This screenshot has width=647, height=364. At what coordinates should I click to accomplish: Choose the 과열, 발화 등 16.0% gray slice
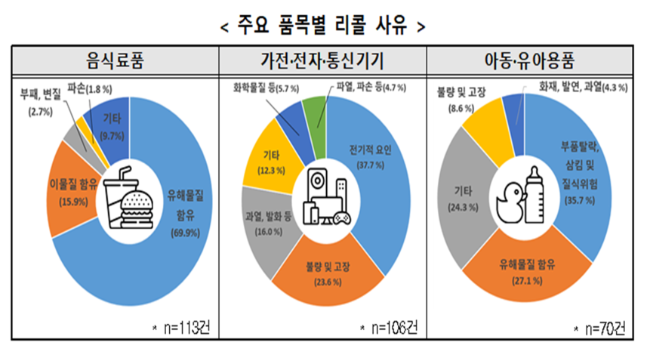tap(263, 223)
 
